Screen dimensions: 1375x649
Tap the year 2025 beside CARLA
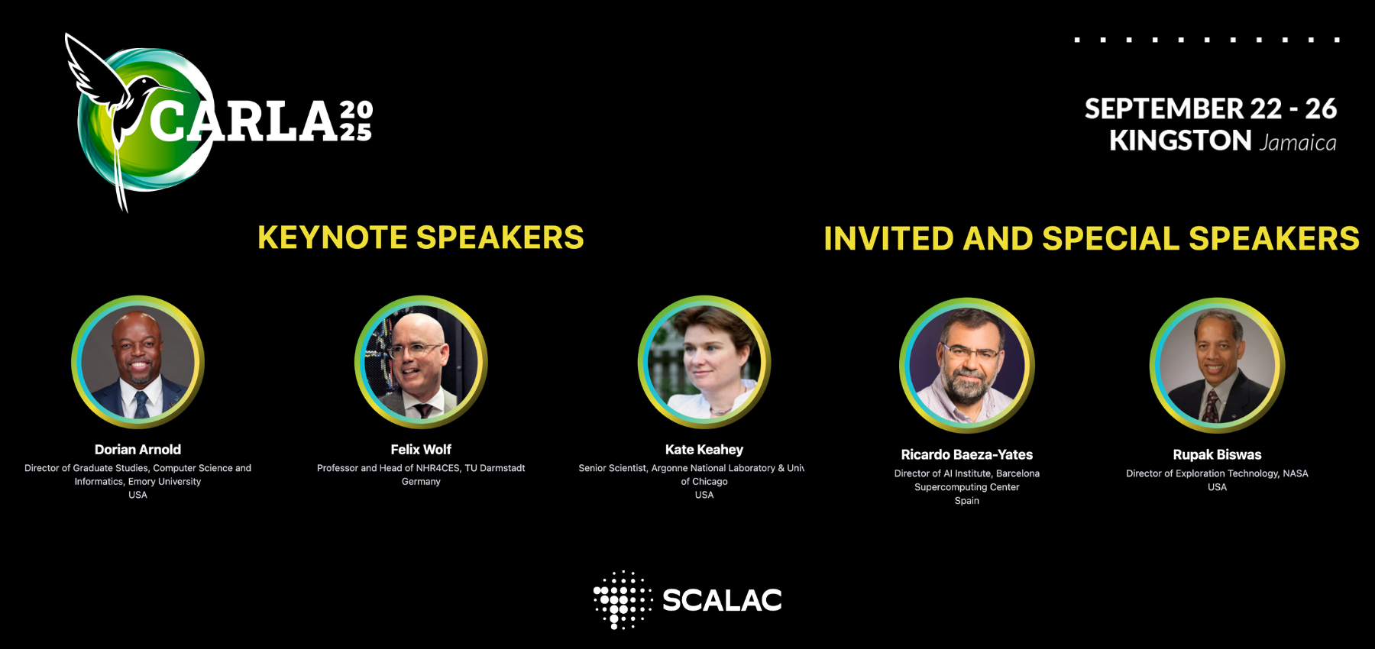[x=356, y=121]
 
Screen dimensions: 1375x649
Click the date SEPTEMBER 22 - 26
[x=1211, y=108]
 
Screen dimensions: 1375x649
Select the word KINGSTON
[x=1180, y=140]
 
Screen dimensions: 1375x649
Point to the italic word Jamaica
[x=1298, y=142]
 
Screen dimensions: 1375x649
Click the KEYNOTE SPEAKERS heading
[x=421, y=237]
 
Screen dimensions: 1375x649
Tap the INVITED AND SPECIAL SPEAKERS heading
[x=1092, y=238]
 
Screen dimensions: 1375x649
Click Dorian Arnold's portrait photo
[x=137, y=362]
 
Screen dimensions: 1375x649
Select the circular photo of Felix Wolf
[x=421, y=362]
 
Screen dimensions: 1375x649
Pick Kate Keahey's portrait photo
[x=704, y=362]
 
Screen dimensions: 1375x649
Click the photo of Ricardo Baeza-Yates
[x=967, y=366]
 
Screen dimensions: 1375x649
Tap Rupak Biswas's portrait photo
[x=1218, y=366]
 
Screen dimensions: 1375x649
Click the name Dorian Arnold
[x=137, y=450]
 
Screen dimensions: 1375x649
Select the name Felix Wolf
[x=421, y=450]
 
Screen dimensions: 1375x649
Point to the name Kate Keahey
[x=704, y=450]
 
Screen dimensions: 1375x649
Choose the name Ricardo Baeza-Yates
[x=967, y=455]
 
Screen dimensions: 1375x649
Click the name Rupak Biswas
[x=1218, y=455]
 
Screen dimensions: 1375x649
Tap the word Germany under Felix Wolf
[x=421, y=482]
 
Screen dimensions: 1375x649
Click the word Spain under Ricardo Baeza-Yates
[x=967, y=501]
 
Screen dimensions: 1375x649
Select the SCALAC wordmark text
[x=722, y=600]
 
